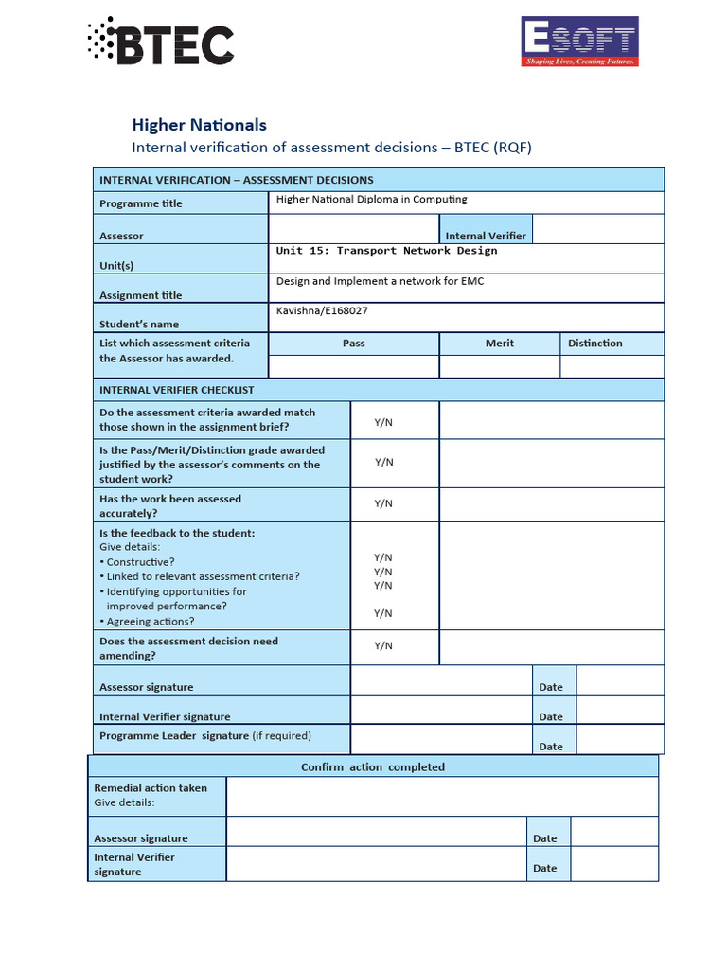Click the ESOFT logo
pos(579,43)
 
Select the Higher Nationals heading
pos(199,125)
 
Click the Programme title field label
pos(141,203)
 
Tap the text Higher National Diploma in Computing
pos(371,200)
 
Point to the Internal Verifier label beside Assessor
pos(486,236)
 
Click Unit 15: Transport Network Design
pos(386,251)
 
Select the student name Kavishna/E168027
pos(322,310)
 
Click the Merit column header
pos(500,343)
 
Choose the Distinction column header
pos(594,343)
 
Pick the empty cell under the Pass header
pos(354,366)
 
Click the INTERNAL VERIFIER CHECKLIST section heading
pos(177,390)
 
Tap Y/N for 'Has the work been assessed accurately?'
pos(383,504)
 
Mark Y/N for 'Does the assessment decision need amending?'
pos(383,645)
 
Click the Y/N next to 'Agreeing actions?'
pos(383,613)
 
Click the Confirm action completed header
pos(372,766)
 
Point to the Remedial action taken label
pos(151,787)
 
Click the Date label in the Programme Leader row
pos(551,747)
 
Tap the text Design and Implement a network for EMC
pos(380,281)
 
